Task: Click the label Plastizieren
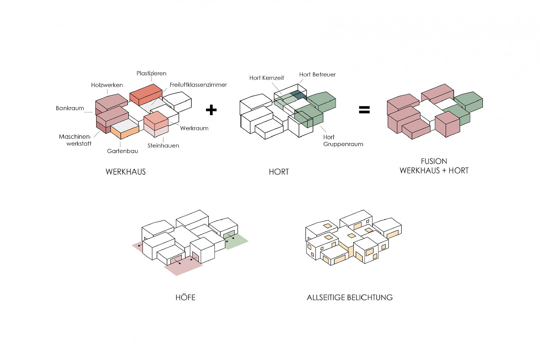(151, 73)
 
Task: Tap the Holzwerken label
(107, 85)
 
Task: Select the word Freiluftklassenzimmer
(198, 85)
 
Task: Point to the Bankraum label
(70, 108)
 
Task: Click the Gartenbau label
(122, 151)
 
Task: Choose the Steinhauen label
(163, 146)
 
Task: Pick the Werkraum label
(194, 128)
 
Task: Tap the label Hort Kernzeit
(267, 78)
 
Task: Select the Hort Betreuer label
(317, 75)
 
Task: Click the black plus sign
(211, 110)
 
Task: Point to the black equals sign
(364, 110)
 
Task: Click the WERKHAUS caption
(126, 172)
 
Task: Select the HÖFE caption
(185, 297)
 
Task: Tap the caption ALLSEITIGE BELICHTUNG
(350, 297)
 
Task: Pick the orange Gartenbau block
(125, 133)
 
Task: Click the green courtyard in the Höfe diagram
(237, 242)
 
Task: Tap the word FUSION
(434, 161)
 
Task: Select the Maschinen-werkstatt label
(76, 140)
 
